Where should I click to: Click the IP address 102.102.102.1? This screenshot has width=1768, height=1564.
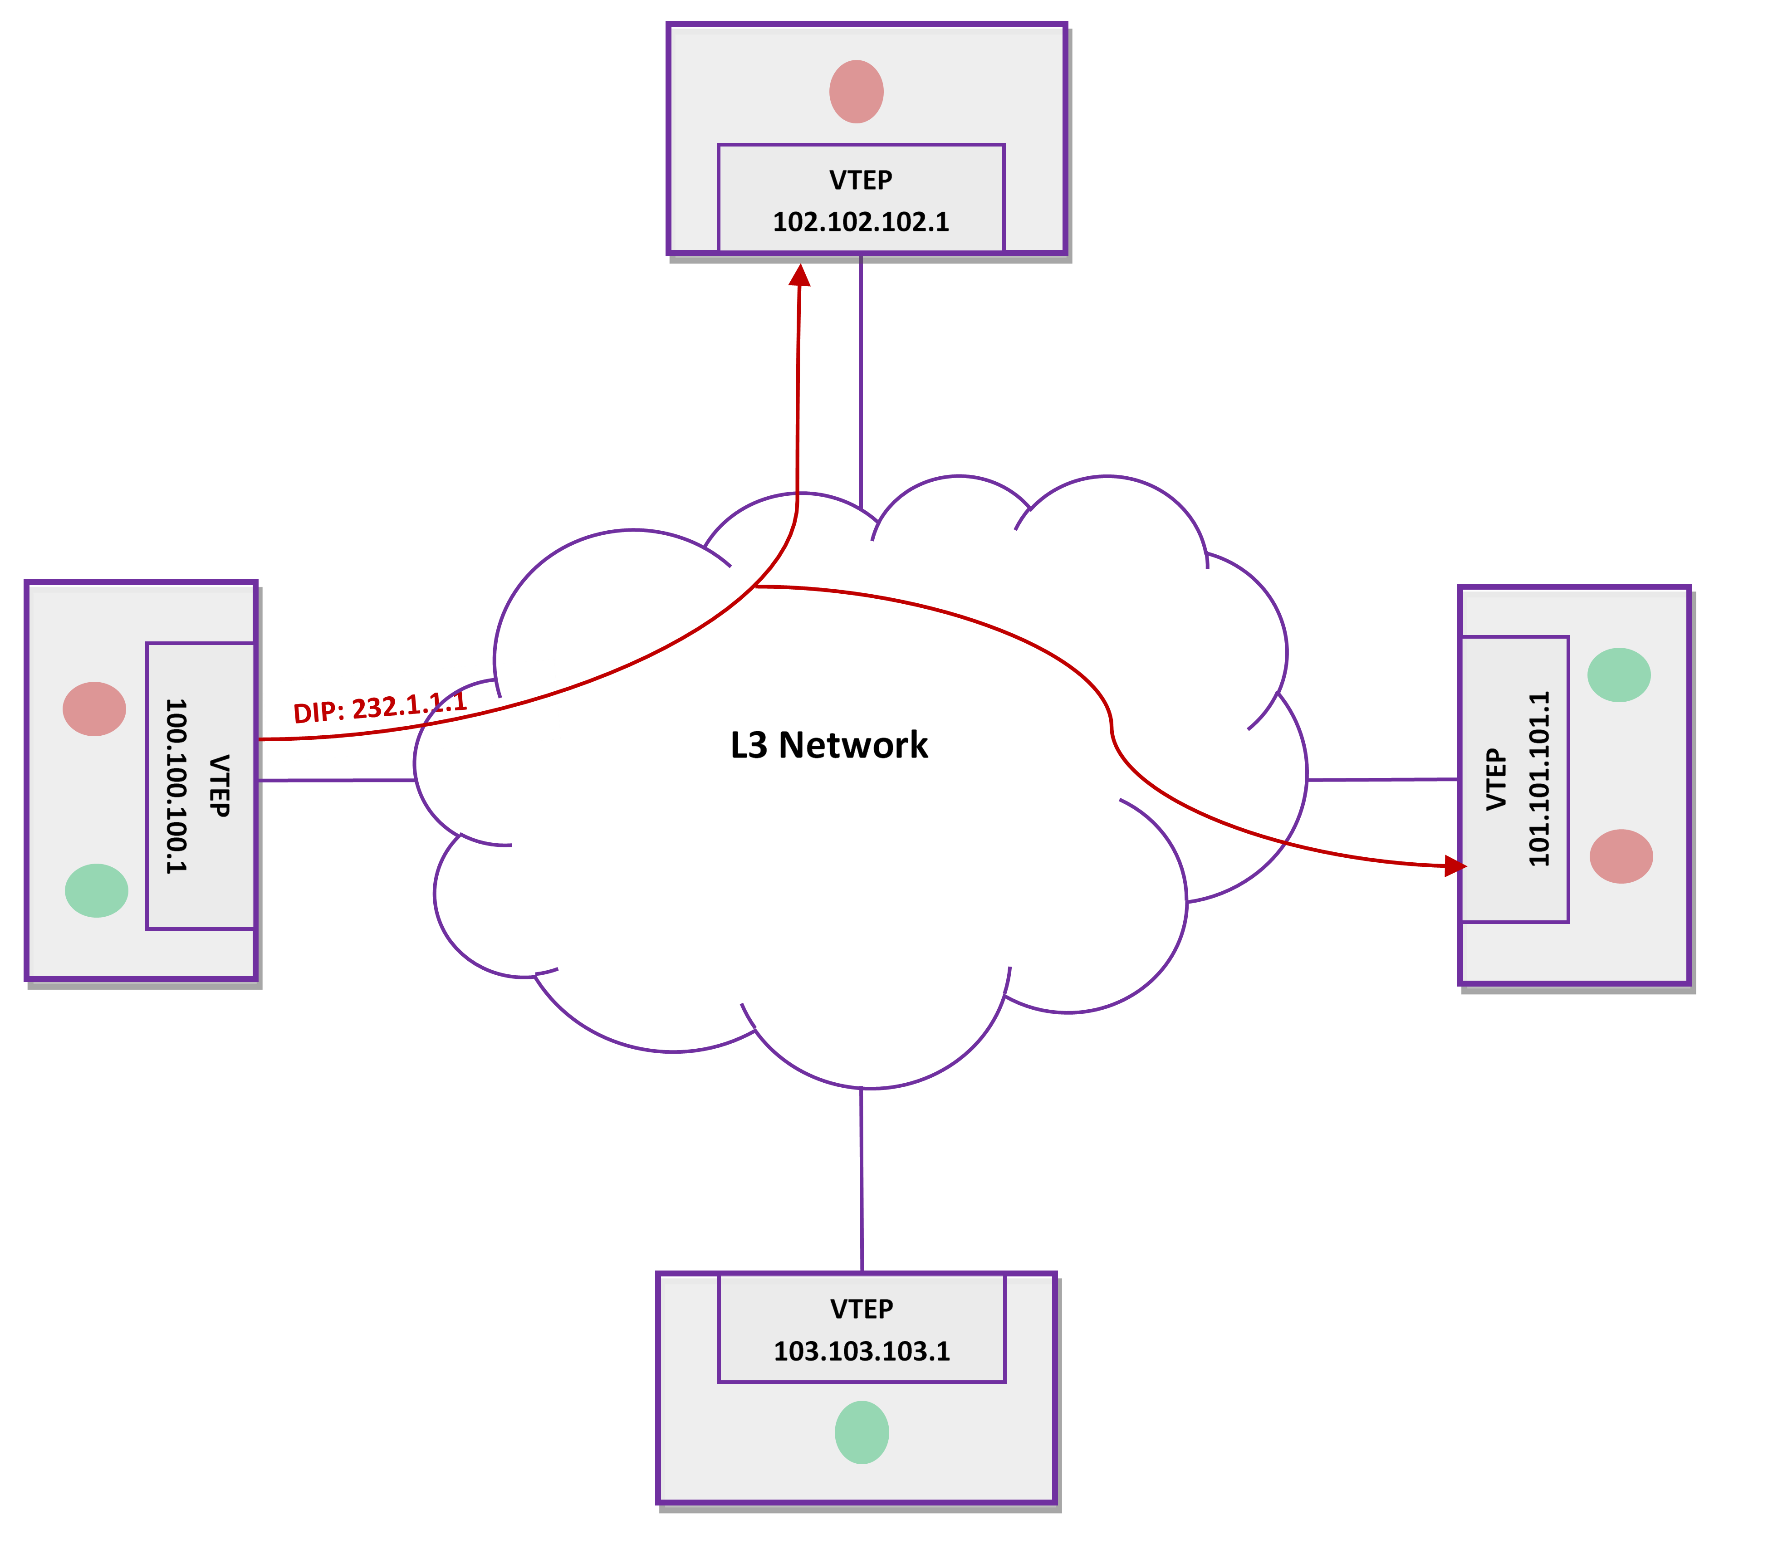click(x=861, y=222)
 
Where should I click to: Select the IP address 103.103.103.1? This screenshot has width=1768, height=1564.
click(x=862, y=1351)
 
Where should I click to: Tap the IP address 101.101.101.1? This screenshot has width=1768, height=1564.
click(x=1539, y=778)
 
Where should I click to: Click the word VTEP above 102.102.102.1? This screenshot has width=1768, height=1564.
click(x=861, y=180)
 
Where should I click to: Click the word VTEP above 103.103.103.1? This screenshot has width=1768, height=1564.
click(x=862, y=1309)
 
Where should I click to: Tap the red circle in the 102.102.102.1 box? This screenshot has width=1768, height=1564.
click(x=856, y=92)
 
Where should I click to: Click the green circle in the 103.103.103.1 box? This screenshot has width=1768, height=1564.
click(x=862, y=1432)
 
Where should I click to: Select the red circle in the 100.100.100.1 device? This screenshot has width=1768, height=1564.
click(x=94, y=709)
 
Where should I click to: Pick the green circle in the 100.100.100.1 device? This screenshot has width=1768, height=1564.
click(x=97, y=890)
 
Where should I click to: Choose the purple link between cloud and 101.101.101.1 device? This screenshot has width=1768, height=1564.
click(x=1382, y=779)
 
